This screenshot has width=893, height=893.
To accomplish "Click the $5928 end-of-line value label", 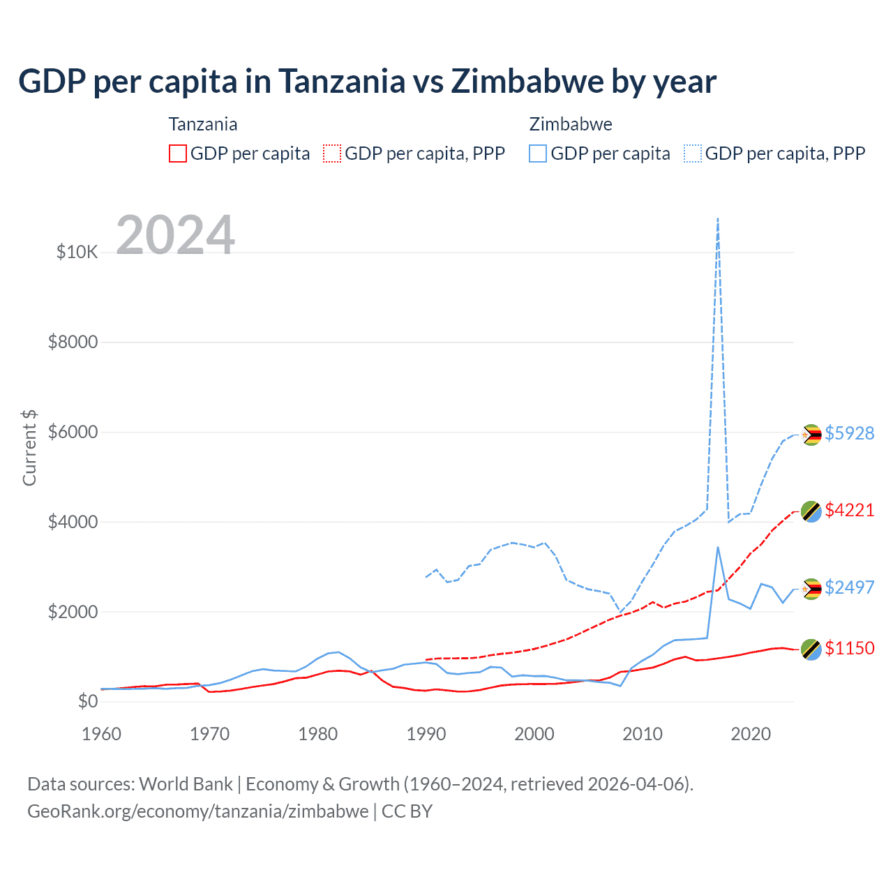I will [x=849, y=433].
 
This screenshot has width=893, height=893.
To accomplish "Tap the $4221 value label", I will [x=849, y=510].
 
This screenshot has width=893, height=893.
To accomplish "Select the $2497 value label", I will [x=849, y=587].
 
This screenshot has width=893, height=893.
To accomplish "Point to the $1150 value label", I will [x=849, y=648].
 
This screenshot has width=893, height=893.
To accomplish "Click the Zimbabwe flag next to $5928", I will [x=811, y=435].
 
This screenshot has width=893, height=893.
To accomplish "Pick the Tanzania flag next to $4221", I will [x=811, y=511].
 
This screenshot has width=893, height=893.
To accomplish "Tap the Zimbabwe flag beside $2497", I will [x=811, y=589].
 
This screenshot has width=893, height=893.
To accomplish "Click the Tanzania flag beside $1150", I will [x=811, y=650].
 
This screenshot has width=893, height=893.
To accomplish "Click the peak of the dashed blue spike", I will [x=718, y=218].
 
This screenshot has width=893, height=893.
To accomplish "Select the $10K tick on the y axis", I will [x=77, y=252].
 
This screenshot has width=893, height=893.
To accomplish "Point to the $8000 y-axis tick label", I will [x=73, y=342].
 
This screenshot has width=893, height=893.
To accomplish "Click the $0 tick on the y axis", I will [x=87, y=701].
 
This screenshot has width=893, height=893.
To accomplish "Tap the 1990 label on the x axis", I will [x=426, y=734].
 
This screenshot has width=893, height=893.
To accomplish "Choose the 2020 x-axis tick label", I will [x=751, y=734].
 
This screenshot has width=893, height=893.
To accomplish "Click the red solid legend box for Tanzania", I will [x=178, y=153].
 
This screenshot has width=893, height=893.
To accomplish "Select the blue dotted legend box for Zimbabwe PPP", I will [x=693, y=153].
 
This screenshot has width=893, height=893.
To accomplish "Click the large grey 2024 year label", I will [x=175, y=235].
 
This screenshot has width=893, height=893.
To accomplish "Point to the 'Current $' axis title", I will [x=29, y=448].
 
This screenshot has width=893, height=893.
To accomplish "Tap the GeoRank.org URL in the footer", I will [x=197, y=811].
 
